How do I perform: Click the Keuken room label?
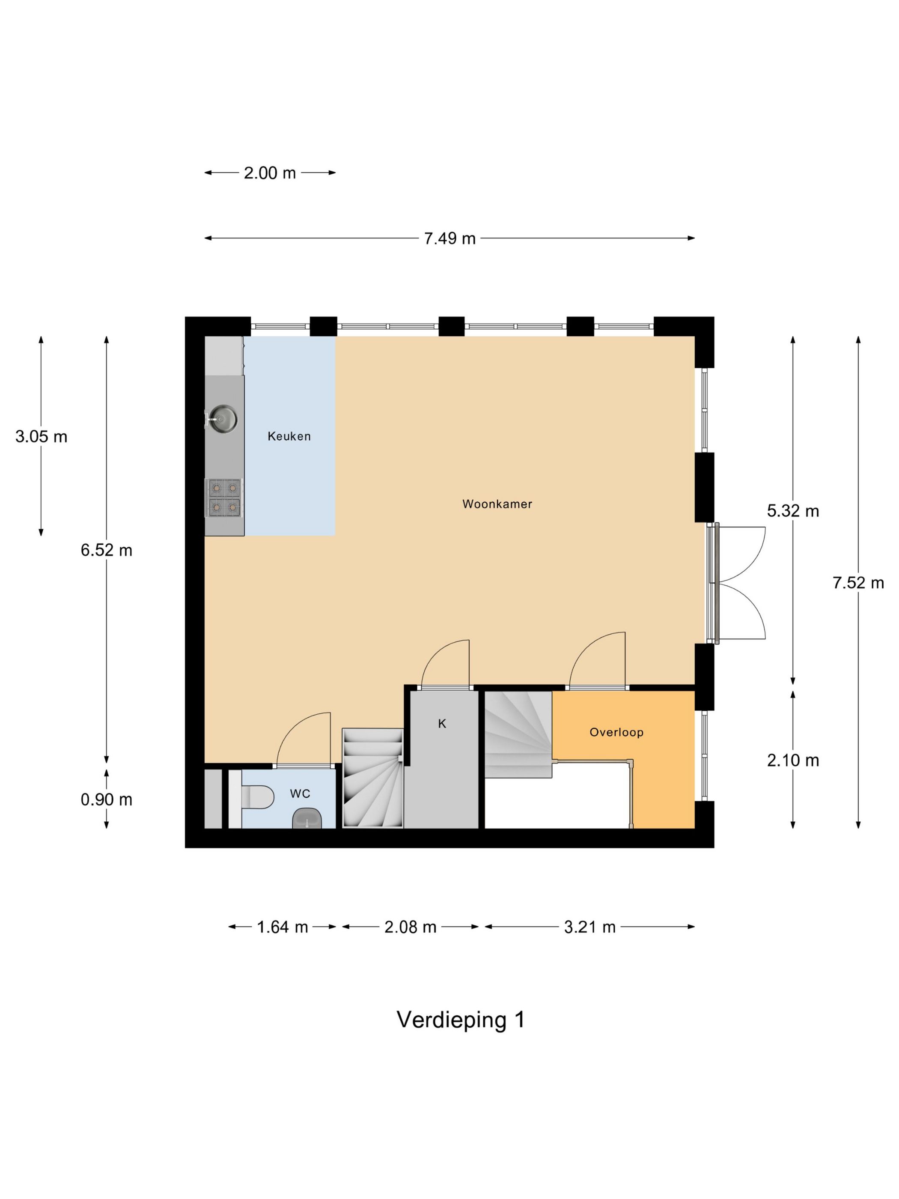[289, 436]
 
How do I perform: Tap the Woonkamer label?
[497, 504]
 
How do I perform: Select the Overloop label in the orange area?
[616, 732]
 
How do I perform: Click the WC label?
[300, 793]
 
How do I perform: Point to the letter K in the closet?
[442, 723]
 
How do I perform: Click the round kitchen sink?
[223, 418]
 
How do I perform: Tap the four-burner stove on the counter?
[224, 497]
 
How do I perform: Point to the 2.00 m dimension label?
[269, 173]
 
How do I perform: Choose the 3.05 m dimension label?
[41, 436]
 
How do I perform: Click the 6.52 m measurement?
[106, 550]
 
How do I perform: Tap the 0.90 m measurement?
[106, 799]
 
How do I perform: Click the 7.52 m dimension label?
[858, 583]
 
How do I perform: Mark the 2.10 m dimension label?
[792, 760]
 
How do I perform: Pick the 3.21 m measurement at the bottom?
[589, 927]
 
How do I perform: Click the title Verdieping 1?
[460, 1020]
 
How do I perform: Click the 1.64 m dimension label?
[282, 927]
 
